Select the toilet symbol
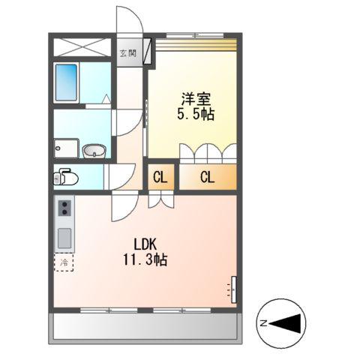click(x=66, y=177)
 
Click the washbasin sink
click(x=93, y=151)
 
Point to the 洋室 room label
click(x=193, y=97)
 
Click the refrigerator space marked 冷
click(x=63, y=263)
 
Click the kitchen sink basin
click(x=64, y=238)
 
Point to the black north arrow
click(x=288, y=323)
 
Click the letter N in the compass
click(x=263, y=323)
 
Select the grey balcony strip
click(x=146, y=327)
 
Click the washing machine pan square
click(x=66, y=147)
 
